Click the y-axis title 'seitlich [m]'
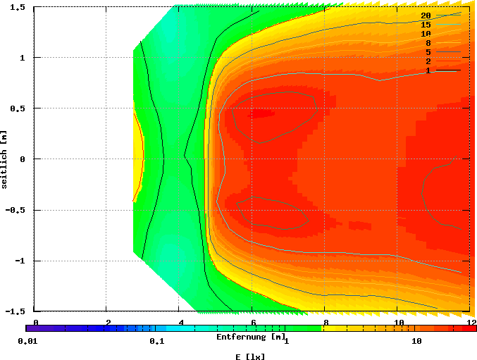[5, 159]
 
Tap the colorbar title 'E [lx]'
[250, 356]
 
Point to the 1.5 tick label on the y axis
[18, 7]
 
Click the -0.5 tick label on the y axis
[16, 210]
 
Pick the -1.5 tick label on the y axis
[16, 311]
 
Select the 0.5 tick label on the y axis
[18, 108]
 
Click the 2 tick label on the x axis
[108, 322]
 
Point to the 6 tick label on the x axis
[253, 322]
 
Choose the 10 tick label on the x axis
[397, 322]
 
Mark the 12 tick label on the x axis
[470, 322]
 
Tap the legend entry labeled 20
[426, 15]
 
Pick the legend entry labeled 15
[426, 25]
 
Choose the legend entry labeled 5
[428, 52]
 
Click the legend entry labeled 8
[428, 43]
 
